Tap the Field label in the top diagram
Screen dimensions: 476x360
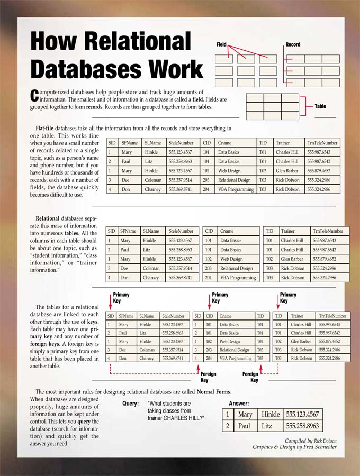221,45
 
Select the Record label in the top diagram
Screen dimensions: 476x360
293,45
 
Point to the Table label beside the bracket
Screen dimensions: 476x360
320,106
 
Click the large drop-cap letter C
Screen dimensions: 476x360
35,95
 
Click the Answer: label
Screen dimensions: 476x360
239,404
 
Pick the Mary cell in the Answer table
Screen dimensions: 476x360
245,415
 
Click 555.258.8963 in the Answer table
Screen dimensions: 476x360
302,426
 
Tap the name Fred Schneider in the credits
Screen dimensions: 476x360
320,447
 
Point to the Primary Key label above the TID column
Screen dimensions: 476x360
287,298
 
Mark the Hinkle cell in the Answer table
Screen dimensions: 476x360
271,415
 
